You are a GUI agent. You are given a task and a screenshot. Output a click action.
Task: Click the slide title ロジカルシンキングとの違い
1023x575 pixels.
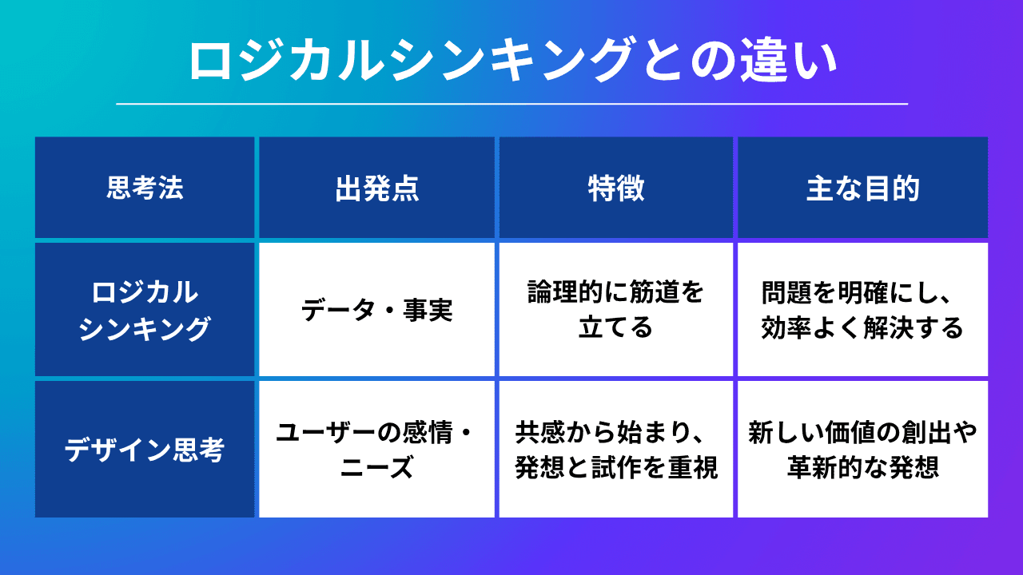coord(511,61)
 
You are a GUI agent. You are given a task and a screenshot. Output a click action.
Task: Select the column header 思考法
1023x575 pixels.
coord(145,188)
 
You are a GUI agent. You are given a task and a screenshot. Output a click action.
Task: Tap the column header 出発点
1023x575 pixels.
coord(376,188)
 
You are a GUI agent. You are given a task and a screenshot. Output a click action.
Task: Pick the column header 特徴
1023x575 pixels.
coord(615,188)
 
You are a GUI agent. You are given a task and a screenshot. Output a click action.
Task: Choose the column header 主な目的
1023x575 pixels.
coord(862,188)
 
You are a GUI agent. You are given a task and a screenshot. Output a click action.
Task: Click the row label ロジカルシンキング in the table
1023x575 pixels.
coord(145,310)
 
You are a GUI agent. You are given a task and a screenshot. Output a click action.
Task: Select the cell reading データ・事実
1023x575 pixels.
coord(376,310)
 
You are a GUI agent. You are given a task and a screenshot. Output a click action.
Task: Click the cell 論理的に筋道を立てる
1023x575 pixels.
coord(615,310)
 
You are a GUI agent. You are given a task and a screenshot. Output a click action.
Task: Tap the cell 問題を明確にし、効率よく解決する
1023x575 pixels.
coord(862,310)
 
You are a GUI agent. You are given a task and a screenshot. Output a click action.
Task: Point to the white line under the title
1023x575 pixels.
coord(511,104)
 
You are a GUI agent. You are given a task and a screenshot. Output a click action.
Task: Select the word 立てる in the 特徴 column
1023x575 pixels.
coord(615,327)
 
